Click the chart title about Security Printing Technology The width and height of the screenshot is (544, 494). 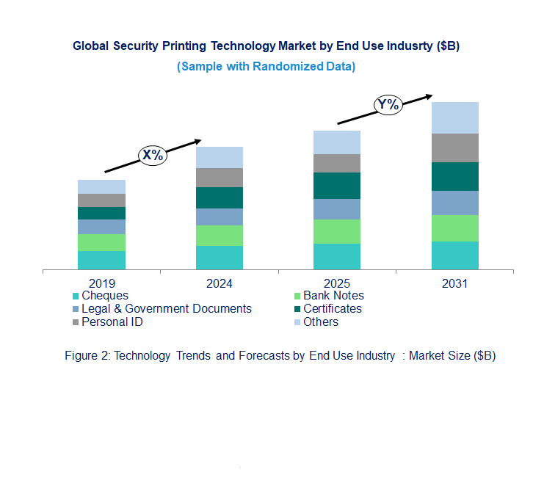(x=266, y=46)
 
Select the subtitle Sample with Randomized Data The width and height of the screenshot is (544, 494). (x=266, y=66)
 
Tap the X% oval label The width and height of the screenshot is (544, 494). (x=153, y=155)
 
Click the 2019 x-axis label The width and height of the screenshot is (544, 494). (x=101, y=283)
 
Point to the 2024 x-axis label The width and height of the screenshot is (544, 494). (x=219, y=283)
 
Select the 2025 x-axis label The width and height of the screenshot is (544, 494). (x=337, y=283)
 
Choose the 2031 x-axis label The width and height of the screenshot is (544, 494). (x=454, y=283)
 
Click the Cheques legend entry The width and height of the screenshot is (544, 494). (x=103, y=296)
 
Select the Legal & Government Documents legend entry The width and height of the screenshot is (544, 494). (x=165, y=309)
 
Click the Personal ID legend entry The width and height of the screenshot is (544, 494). (x=111, y=322)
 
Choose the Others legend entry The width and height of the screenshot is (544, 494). (x=320, y=322)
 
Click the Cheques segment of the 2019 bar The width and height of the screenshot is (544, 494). (x=101, y=261)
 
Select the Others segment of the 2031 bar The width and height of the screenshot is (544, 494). (x=454, y=117)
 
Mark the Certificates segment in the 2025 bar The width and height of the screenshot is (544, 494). (x=337, y=186)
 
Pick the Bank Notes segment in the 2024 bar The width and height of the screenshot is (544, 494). (x=219, y=236)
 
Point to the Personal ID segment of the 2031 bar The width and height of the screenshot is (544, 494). (x=454, y=148)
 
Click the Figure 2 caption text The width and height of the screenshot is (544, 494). (x=280, y=356)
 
